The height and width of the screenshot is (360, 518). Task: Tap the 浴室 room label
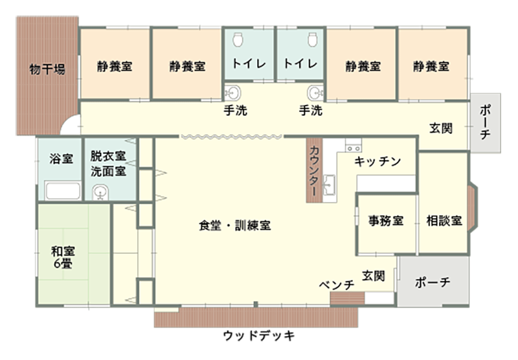tap(62, 159)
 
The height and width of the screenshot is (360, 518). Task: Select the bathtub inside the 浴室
tap(62, 191)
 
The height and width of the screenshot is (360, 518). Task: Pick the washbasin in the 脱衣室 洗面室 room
tap(100, 192)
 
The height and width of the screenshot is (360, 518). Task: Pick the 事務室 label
tap(386, 220)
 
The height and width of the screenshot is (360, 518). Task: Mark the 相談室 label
tap(444, 220)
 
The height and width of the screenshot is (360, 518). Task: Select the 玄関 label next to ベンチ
tap(374, 275)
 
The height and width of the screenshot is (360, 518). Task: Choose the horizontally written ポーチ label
tap(433, 283)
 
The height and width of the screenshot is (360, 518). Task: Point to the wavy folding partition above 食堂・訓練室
tap(232, 137)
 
